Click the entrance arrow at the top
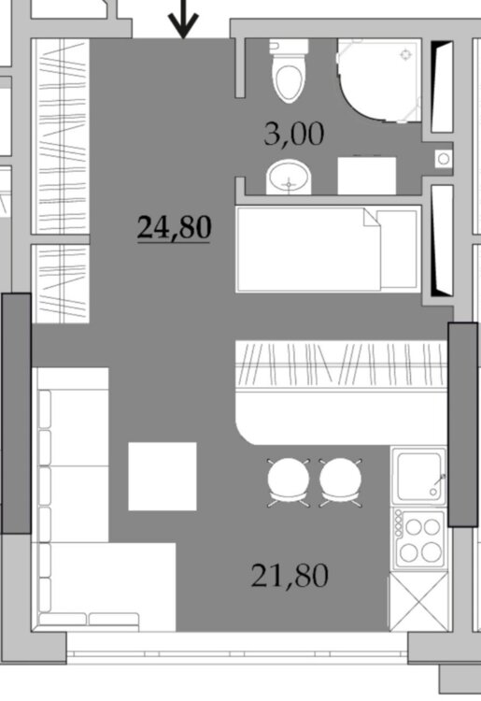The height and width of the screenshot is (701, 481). (184, 20)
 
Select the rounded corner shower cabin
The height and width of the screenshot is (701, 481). (379, 80)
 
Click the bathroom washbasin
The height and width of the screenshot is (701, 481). (289, 177)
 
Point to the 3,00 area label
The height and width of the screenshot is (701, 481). (293, 134)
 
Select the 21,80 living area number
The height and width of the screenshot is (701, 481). (290, 576)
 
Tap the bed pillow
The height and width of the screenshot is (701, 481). (398, 250)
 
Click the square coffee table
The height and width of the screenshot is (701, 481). (163, 476)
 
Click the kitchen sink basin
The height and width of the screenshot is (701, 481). (418, 477)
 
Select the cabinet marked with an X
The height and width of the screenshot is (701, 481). (417, 602)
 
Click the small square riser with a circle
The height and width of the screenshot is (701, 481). (444, 158)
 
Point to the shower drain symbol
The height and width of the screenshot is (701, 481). (405, 55)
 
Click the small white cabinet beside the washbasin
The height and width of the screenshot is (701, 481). (367, 176)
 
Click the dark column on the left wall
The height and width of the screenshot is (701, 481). (17, 413)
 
